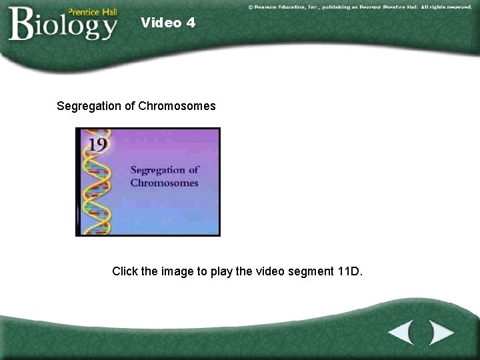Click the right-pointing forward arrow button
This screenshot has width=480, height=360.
pyautogui.click(x=441, y=331)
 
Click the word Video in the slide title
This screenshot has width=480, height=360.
pyautogui.click(x=161, y=23)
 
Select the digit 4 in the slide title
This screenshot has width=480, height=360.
pyautogui.click(x=191, y=23)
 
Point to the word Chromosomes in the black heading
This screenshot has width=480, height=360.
pyautogui.click(x=177, y=106)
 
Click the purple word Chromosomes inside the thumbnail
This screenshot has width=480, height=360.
pyautogui.click(x=164, y=183)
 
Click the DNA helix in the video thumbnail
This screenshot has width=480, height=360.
pyautogui.click(x=92, y=193)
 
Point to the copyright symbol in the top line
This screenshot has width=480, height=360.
pyautogui.click(x=251, y=6)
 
